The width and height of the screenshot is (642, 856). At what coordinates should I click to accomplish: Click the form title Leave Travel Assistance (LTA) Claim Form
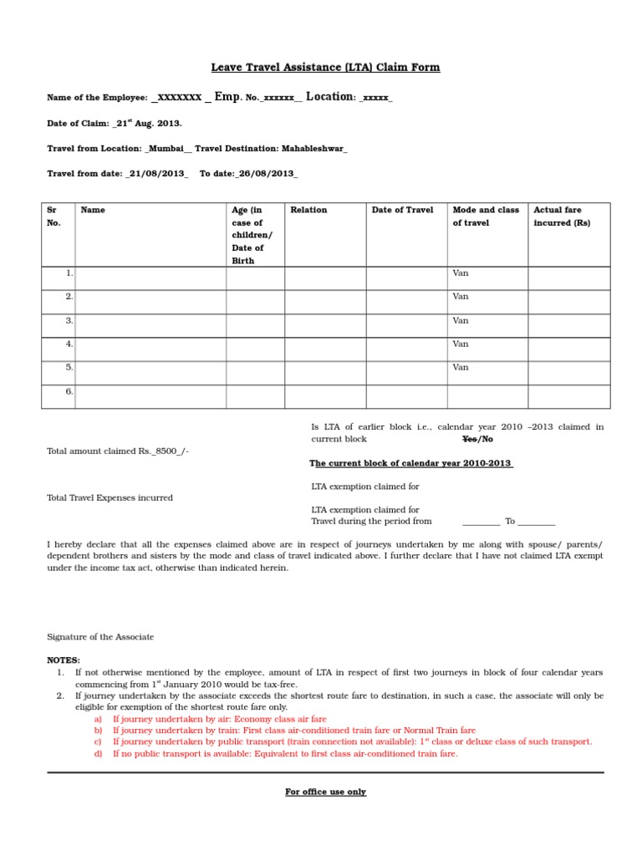click(325, 68)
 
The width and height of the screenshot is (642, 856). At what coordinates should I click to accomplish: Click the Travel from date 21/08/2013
click(157, 174)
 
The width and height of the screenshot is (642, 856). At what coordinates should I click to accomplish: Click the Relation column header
click(308, 211)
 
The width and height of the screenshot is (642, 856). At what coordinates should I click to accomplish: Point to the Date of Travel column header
click(402, 211)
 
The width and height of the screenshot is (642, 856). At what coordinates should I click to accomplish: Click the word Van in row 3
click(461, 320)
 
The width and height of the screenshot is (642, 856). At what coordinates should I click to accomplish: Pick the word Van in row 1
click(461, 273)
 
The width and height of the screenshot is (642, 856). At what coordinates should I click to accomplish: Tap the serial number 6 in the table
click(69, 391)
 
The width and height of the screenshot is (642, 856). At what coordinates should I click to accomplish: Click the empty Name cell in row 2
click(150, 297)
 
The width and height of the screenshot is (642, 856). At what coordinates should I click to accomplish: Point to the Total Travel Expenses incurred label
click(110, 498)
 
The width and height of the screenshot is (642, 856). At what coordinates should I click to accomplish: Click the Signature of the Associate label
click(100, 637)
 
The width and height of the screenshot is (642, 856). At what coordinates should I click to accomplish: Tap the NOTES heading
click(64, 660)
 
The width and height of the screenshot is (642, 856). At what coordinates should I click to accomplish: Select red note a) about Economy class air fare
click(219, 719)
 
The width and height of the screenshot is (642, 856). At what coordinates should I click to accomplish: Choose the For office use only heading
click(325, 792)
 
